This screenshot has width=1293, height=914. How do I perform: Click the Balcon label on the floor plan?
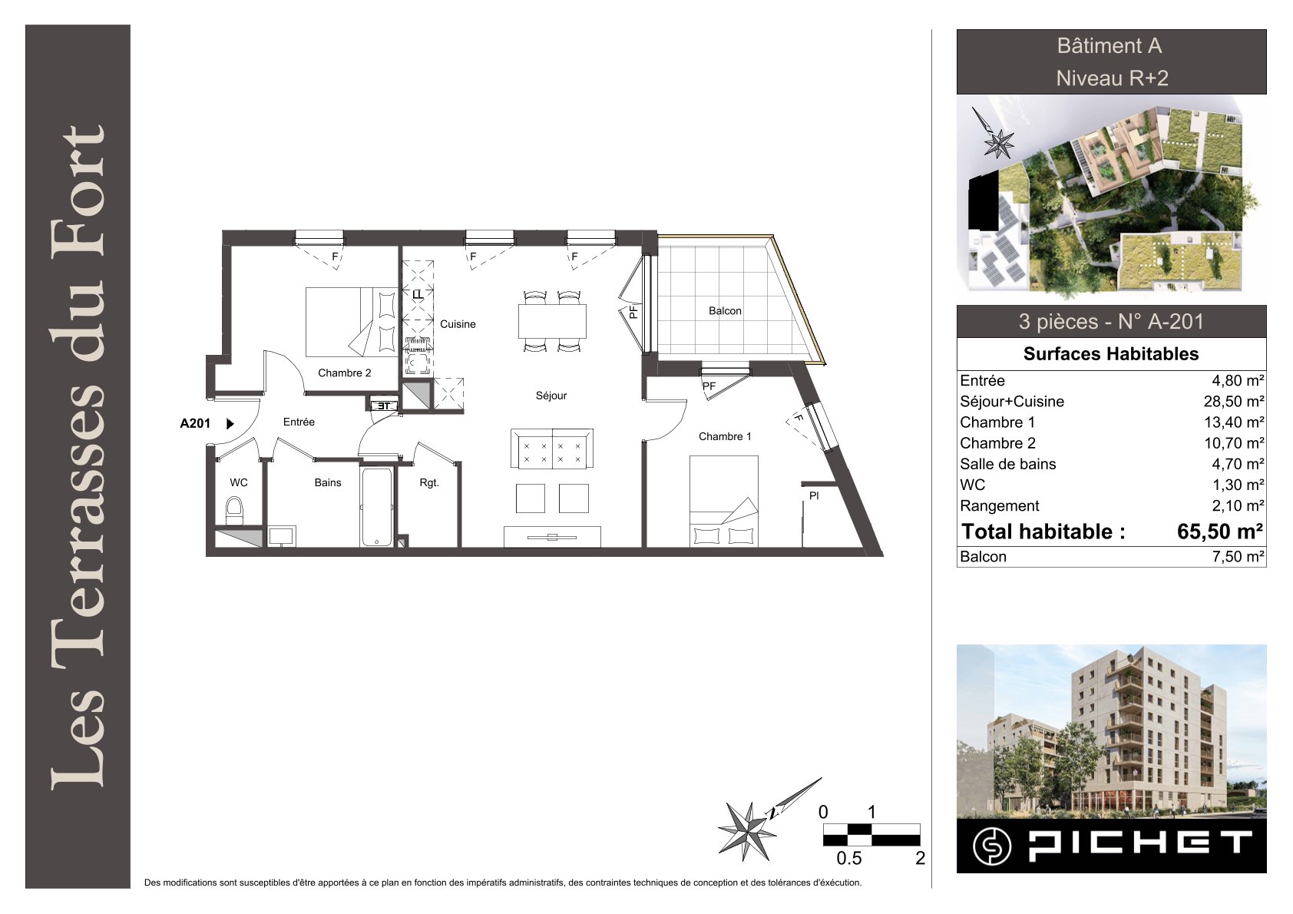coord(724,310)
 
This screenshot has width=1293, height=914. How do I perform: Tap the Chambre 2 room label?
coord(344,373)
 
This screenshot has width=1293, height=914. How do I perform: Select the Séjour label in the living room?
coord(551,396)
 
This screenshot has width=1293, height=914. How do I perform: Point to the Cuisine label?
coord(458,324)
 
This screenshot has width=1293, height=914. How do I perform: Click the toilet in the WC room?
coord(234,511)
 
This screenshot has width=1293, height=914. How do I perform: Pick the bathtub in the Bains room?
coord(377,506)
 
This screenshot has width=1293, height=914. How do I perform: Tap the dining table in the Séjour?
coord(552,321)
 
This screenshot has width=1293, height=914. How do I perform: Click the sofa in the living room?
coord(552,448)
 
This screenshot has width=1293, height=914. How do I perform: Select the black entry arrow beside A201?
coord(230,424)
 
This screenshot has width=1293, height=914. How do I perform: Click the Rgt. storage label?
coord(429,482)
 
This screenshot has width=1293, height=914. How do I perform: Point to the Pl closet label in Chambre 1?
coord(814,495)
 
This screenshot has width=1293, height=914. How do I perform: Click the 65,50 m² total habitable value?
coord(1220,532)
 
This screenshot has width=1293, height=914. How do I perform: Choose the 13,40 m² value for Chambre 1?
coord(1234,422)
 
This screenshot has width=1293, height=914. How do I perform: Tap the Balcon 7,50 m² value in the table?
coord(1238,557)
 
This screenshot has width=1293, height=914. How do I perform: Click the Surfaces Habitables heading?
coord(1110,353)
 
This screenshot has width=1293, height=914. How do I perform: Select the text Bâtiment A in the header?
coord(1109,45)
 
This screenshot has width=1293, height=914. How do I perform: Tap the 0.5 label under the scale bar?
coord(849,858)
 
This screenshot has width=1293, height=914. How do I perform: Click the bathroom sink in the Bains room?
coord(282,536)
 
